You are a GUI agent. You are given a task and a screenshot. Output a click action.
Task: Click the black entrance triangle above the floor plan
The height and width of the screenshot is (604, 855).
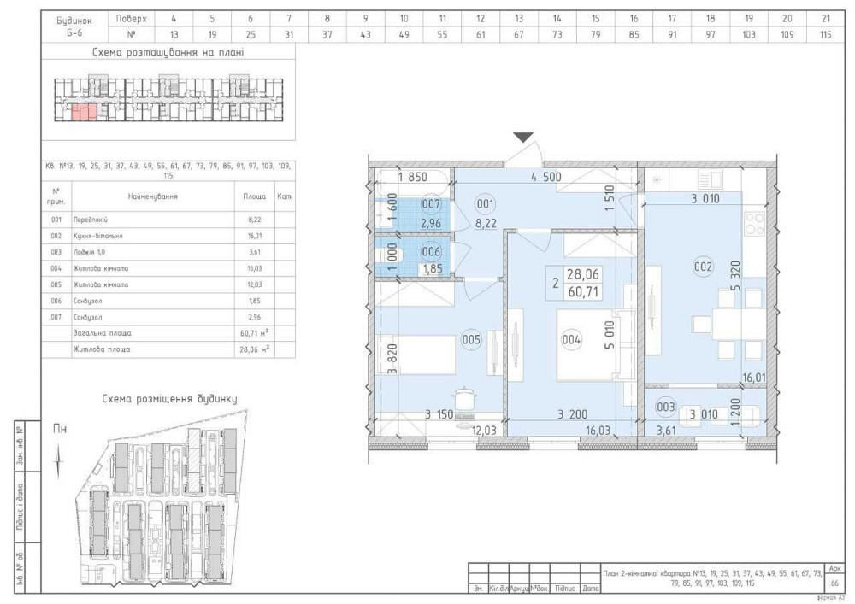(523, 138)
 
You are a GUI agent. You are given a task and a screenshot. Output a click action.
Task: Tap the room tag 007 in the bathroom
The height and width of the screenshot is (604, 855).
(431, 205)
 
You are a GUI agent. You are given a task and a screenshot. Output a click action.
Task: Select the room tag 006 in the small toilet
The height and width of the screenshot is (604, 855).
(431, 252)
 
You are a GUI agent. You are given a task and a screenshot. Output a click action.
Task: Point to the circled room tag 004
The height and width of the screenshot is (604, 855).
(572, 339)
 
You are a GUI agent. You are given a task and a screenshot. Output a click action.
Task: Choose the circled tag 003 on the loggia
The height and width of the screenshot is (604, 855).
(666, 408)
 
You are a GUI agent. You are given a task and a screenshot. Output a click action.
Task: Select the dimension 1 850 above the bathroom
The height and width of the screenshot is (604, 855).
(412, 178)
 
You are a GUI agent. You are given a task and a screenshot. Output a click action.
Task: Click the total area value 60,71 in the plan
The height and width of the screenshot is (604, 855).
(582, 292)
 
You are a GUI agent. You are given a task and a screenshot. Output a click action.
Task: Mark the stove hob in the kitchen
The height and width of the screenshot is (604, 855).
(755, 224)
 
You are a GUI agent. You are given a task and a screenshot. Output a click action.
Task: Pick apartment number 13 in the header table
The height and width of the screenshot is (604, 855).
(174, 35)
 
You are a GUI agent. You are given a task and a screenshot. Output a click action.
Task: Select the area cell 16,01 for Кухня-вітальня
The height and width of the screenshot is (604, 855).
(255, 235)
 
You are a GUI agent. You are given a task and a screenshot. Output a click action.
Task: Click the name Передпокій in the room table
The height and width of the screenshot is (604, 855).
(91, 220)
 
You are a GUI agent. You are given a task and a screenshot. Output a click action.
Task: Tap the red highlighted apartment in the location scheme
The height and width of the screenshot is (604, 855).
(83, 110)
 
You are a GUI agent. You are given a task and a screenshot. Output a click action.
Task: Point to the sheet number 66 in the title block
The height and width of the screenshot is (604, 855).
(834, 583)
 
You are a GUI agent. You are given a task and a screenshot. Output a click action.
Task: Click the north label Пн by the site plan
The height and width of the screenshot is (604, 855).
(59, 429)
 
